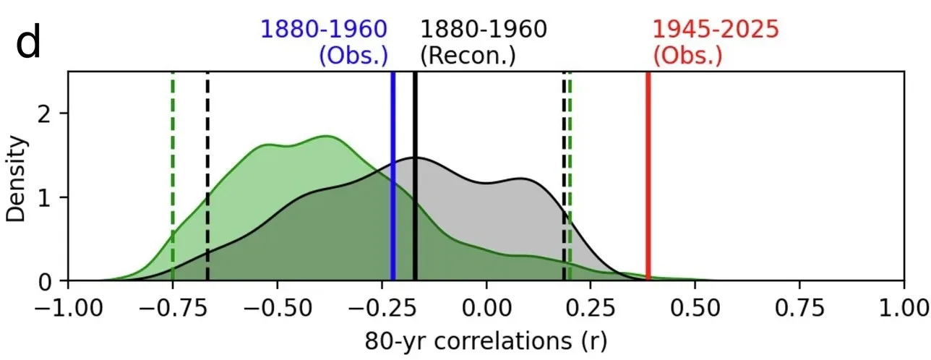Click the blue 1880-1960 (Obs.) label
click(x=324, y=43)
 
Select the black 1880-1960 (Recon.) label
click(x=484, y=43)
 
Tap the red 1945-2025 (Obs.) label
click(x=716, y=43)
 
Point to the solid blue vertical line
click(x=392, y=176)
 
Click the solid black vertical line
click(x=415, y=176)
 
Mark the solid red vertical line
click(x=648, y=176)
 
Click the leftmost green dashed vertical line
click(x=173, y=176)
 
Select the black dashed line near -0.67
click(x=207, y=176)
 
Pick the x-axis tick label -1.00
click(x=69, y=309)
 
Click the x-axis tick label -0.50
click(x=278, y=309)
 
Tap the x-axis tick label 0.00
click(x=486, y=309)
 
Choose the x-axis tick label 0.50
click(x=695, y=309)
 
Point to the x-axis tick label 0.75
click(x=799, y=309)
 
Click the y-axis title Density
click(x=16, y=179)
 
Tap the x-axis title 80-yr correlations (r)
click(x=486, y=341)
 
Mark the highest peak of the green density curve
click(x=327, y=136)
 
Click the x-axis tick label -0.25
click(x=382, y=309)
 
